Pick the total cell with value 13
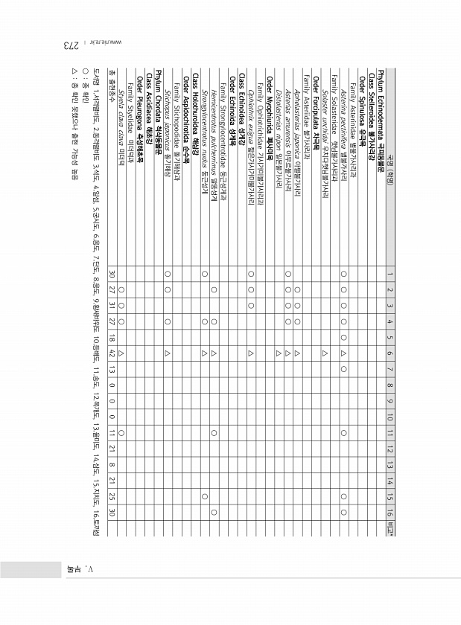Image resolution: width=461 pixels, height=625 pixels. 112,368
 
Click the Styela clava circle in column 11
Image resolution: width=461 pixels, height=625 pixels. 121,431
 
